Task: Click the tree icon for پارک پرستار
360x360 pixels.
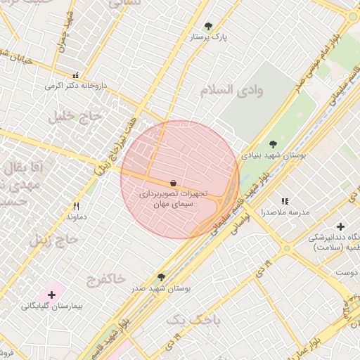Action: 208,26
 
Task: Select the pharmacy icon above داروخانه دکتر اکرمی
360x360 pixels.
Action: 75,75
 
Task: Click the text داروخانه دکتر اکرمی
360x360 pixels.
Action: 75,85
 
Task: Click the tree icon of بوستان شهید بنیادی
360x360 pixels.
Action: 273,144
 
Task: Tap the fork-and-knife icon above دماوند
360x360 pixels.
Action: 76,207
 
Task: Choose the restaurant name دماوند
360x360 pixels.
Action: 76,217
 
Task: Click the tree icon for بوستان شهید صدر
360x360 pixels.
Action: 162,278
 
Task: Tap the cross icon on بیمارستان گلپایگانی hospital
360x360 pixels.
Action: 51,294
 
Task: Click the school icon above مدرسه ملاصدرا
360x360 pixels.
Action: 285,202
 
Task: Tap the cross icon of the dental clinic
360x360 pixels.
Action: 341,226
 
